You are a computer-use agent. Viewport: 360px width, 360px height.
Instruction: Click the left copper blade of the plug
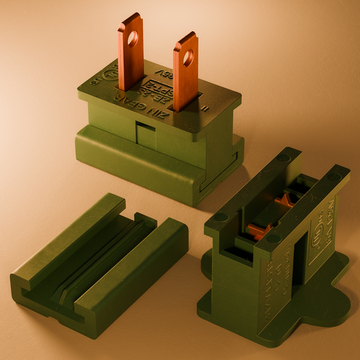tap(130, 60)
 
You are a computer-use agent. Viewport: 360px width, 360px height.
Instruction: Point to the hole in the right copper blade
tap(188, 58)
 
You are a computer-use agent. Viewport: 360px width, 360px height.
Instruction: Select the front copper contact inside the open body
tap(258, 231)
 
